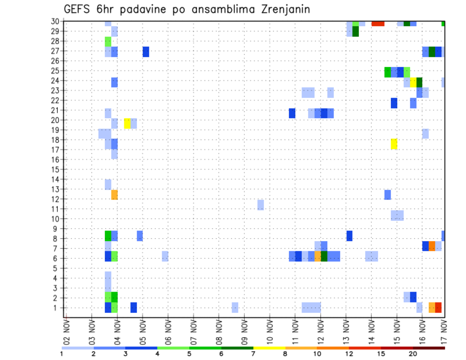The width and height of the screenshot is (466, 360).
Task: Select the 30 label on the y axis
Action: click(x=56, y=21)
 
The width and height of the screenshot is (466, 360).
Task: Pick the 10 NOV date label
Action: click(x=270, y=331)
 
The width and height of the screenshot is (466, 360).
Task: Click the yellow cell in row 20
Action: click(x=127, y=123)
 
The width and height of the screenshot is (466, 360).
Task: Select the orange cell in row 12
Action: click(x=115, y=195)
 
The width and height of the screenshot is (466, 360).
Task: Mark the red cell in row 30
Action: click(x=378, y=23)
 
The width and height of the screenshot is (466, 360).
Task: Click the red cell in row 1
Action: click(x=438, y=307)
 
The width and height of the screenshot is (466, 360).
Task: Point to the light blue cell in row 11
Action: click(x=261, y=205)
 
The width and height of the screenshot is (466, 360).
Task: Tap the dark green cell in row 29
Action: click(x=355, y=32)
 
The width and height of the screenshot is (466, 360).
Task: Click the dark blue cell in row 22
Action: click(x=394, y=103)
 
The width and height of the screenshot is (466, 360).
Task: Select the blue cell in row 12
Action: click(x=387, y=195)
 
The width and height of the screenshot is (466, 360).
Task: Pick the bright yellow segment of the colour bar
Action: click(x=269, y=347)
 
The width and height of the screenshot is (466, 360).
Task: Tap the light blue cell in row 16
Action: click(x=115, y=154)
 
